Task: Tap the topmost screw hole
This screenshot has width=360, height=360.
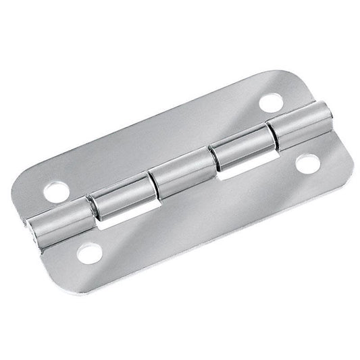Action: (271, 103)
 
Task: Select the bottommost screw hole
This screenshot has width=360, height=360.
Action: (88, 253)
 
